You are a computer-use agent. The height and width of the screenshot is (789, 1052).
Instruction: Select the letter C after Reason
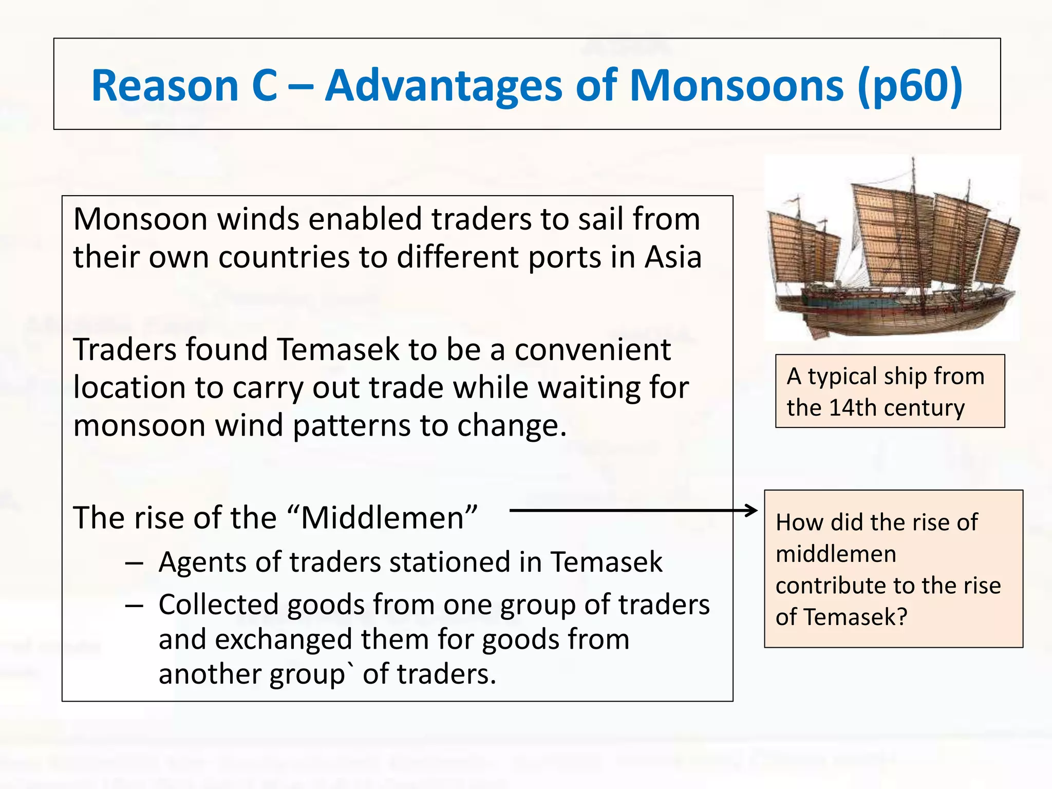pos(265,86)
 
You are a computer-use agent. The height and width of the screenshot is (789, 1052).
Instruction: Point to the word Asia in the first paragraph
pos(673,257)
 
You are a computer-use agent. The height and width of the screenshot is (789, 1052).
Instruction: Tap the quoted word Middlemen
pos(383,518)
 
